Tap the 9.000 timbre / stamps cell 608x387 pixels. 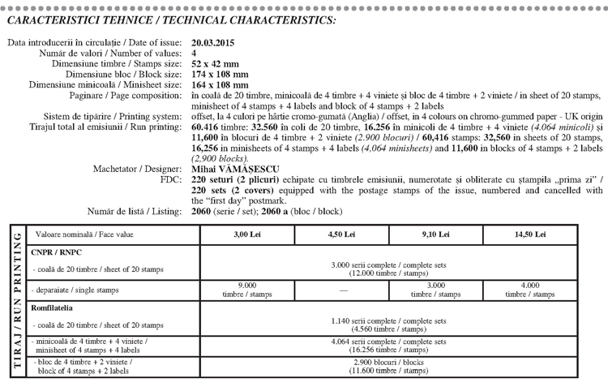[x=246, y=290]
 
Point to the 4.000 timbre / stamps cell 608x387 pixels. [x=530, y=290]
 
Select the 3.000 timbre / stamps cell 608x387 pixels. [x=435, y=290]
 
